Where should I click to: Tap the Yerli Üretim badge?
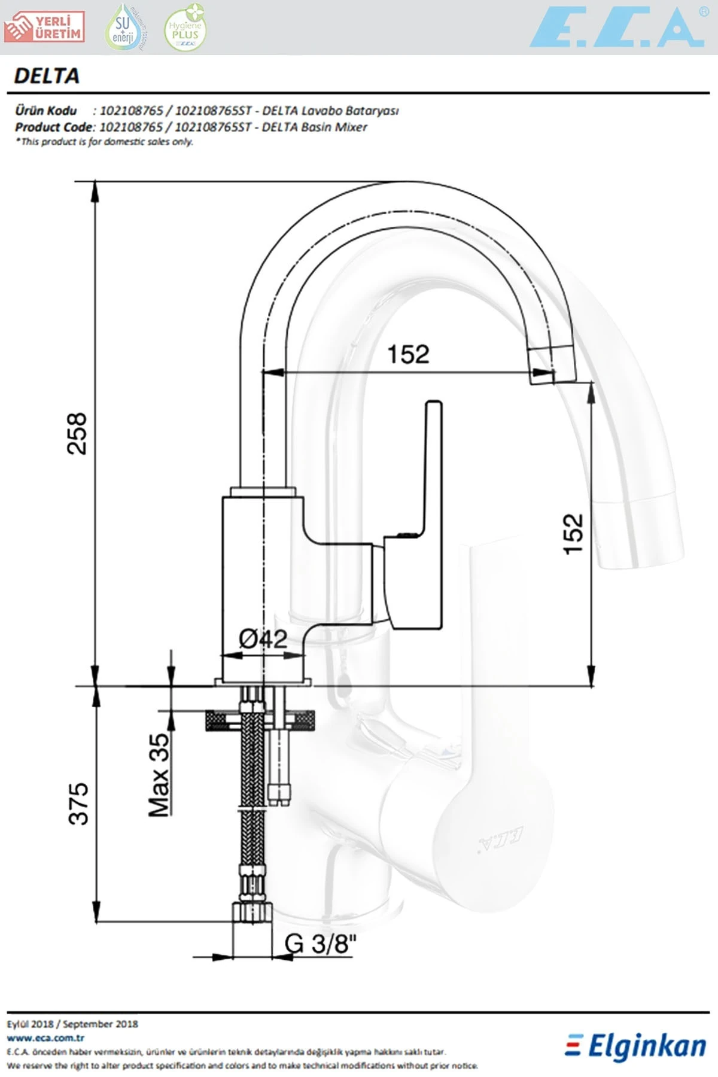[44, 28]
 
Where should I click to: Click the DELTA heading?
[47, 76]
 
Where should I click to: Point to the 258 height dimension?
[77, 433]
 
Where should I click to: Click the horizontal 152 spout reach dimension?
[408, 354]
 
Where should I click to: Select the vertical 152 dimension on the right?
[573, 534]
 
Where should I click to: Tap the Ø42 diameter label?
[263, 639]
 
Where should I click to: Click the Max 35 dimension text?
[159, 775]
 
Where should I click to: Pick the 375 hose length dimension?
[78, 804]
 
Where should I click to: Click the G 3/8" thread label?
[320, 944]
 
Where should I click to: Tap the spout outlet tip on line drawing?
[543, 366]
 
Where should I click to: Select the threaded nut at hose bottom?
[252, 912]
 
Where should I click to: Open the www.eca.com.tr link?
[45, 1038]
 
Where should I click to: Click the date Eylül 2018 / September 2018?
[72, 1024]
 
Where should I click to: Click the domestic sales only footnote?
[105, 142]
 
